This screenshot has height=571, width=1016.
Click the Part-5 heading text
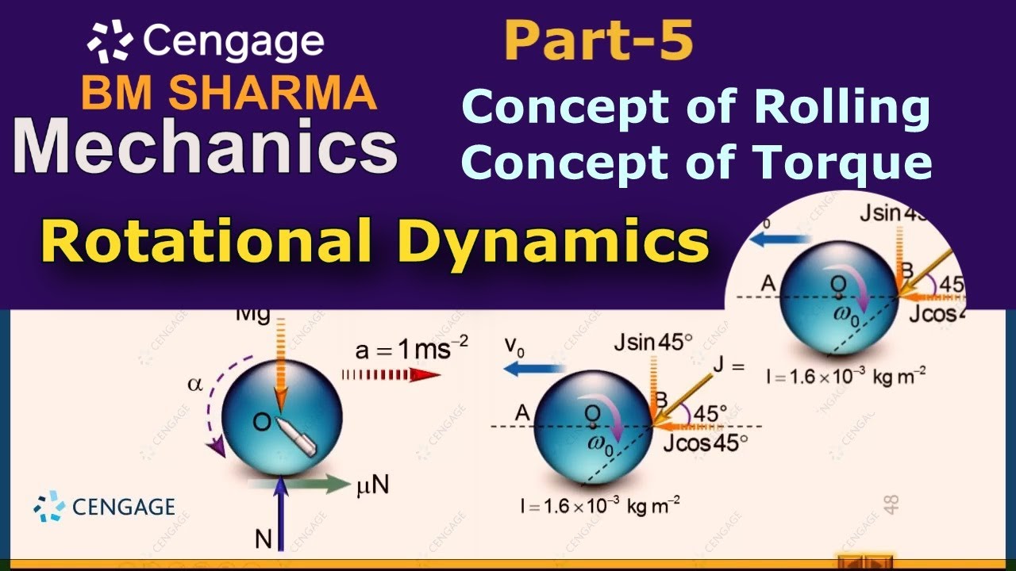(x=598, y=41)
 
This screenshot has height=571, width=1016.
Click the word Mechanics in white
(x=205, y=148)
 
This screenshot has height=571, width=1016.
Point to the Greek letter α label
(x=194, y=385)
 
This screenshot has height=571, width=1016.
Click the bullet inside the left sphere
(x=292, y=430)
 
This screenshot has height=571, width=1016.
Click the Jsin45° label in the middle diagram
(x=652, y=343)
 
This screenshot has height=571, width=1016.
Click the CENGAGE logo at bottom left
(x=105, y=506)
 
